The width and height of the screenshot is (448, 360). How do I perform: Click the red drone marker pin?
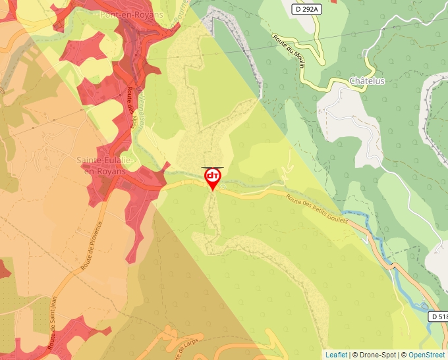(x=212, y=178)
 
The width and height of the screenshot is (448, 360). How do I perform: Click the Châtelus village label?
(x=367, y=81)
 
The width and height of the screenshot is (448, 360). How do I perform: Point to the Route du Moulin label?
(x=289, y=51)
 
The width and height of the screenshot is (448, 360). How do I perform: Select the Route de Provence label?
(x=92, y=247)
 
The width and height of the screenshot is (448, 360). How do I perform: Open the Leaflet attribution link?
(x=336, y=355)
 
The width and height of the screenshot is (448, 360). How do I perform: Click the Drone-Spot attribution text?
(x=374, y=355)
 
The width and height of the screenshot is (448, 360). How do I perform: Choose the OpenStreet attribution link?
(x=427, y=355)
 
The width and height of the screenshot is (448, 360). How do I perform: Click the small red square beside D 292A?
(x=333, y=1)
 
